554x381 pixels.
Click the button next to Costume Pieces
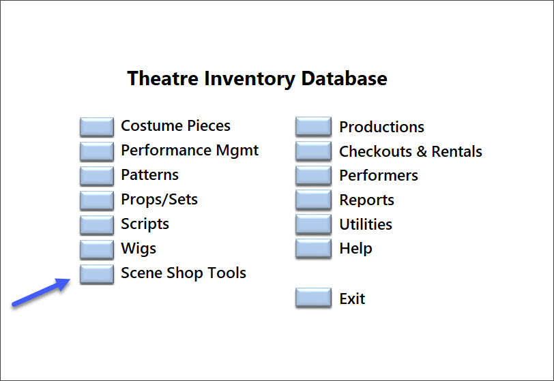(x=97, y=127)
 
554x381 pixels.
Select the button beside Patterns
(x=97, y=176)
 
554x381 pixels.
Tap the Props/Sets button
(x=97, y=200)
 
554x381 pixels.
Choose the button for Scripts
(x=97, y=225)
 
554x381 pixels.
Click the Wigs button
(x=97, y=249)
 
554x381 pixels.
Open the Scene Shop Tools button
(x=97, y=274)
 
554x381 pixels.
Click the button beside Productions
(x=313, y=126)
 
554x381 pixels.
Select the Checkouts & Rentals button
(x=313, y=151)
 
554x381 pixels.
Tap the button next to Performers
(x=313, y=175)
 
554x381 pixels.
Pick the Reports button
(x=313, y=200)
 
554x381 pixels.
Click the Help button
(x=313, y=249)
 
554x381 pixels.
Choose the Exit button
(x=313, y=298)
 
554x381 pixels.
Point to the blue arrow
(x=41, y=292)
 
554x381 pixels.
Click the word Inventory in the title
(x=250, y=79)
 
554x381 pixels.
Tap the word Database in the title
(x=344, y=78)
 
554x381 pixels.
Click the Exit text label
(x=352, y=299)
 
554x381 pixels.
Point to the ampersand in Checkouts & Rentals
(x=422, y=151)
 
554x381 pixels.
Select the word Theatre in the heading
(x=162, y=78)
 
